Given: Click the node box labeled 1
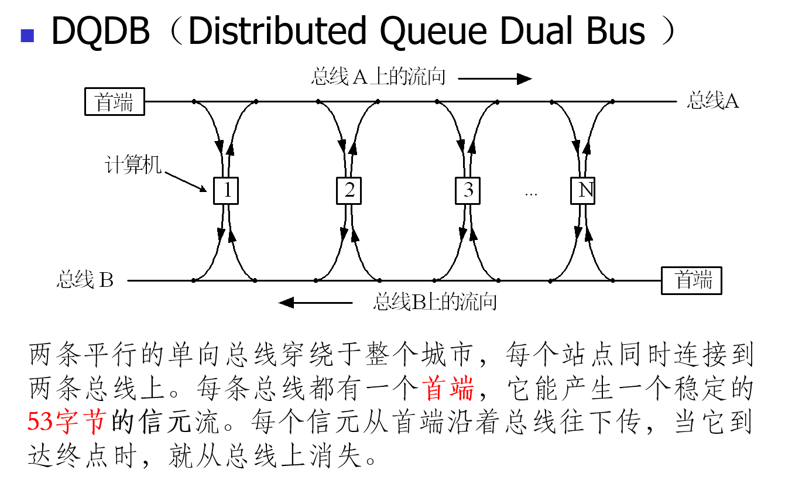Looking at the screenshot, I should coord(226,190).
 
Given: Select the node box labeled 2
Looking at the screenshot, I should coord(349,190).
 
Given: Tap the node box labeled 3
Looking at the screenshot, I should coord(468,190).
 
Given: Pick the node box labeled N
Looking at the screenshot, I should coord(583,190).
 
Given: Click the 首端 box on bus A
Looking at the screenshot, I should coord(115,102).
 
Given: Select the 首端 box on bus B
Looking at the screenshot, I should coord(692,280).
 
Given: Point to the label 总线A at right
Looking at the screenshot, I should coord(713,101).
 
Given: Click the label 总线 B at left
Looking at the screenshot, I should coord(85,280).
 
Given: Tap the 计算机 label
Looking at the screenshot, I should coord(133,165).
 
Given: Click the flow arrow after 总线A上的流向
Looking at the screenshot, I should coord(495,78).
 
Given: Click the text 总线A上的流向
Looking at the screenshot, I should coord(379,77).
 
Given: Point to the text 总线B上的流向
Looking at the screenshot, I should coord(435,302).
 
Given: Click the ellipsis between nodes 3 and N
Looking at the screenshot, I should coord(531,193).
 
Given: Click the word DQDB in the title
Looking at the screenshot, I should coord(101,32).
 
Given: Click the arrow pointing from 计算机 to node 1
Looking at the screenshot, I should coord(186,181).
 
